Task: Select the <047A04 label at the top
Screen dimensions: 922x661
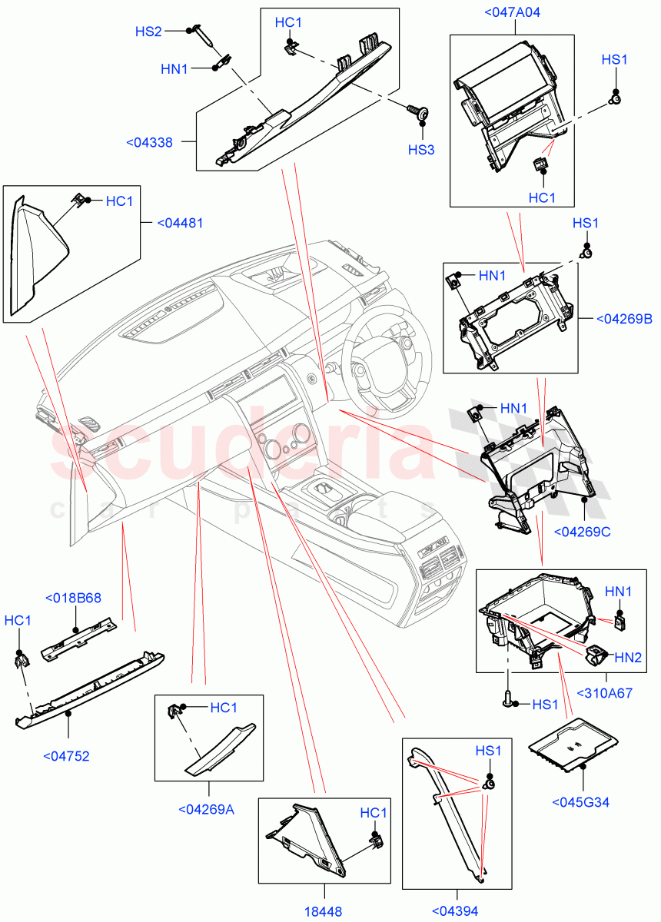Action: (513, 12)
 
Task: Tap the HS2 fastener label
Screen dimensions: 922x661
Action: (149, 32)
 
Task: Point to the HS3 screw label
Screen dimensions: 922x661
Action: (421, 150)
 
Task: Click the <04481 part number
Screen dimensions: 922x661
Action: (180, 224)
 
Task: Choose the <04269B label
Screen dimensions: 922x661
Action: (624, 319)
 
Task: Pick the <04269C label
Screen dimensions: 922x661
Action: (583, 531)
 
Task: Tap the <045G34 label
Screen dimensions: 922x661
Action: (580, 802)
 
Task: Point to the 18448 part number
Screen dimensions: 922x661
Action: (323, 910)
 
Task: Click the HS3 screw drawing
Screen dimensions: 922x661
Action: (420, 113)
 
